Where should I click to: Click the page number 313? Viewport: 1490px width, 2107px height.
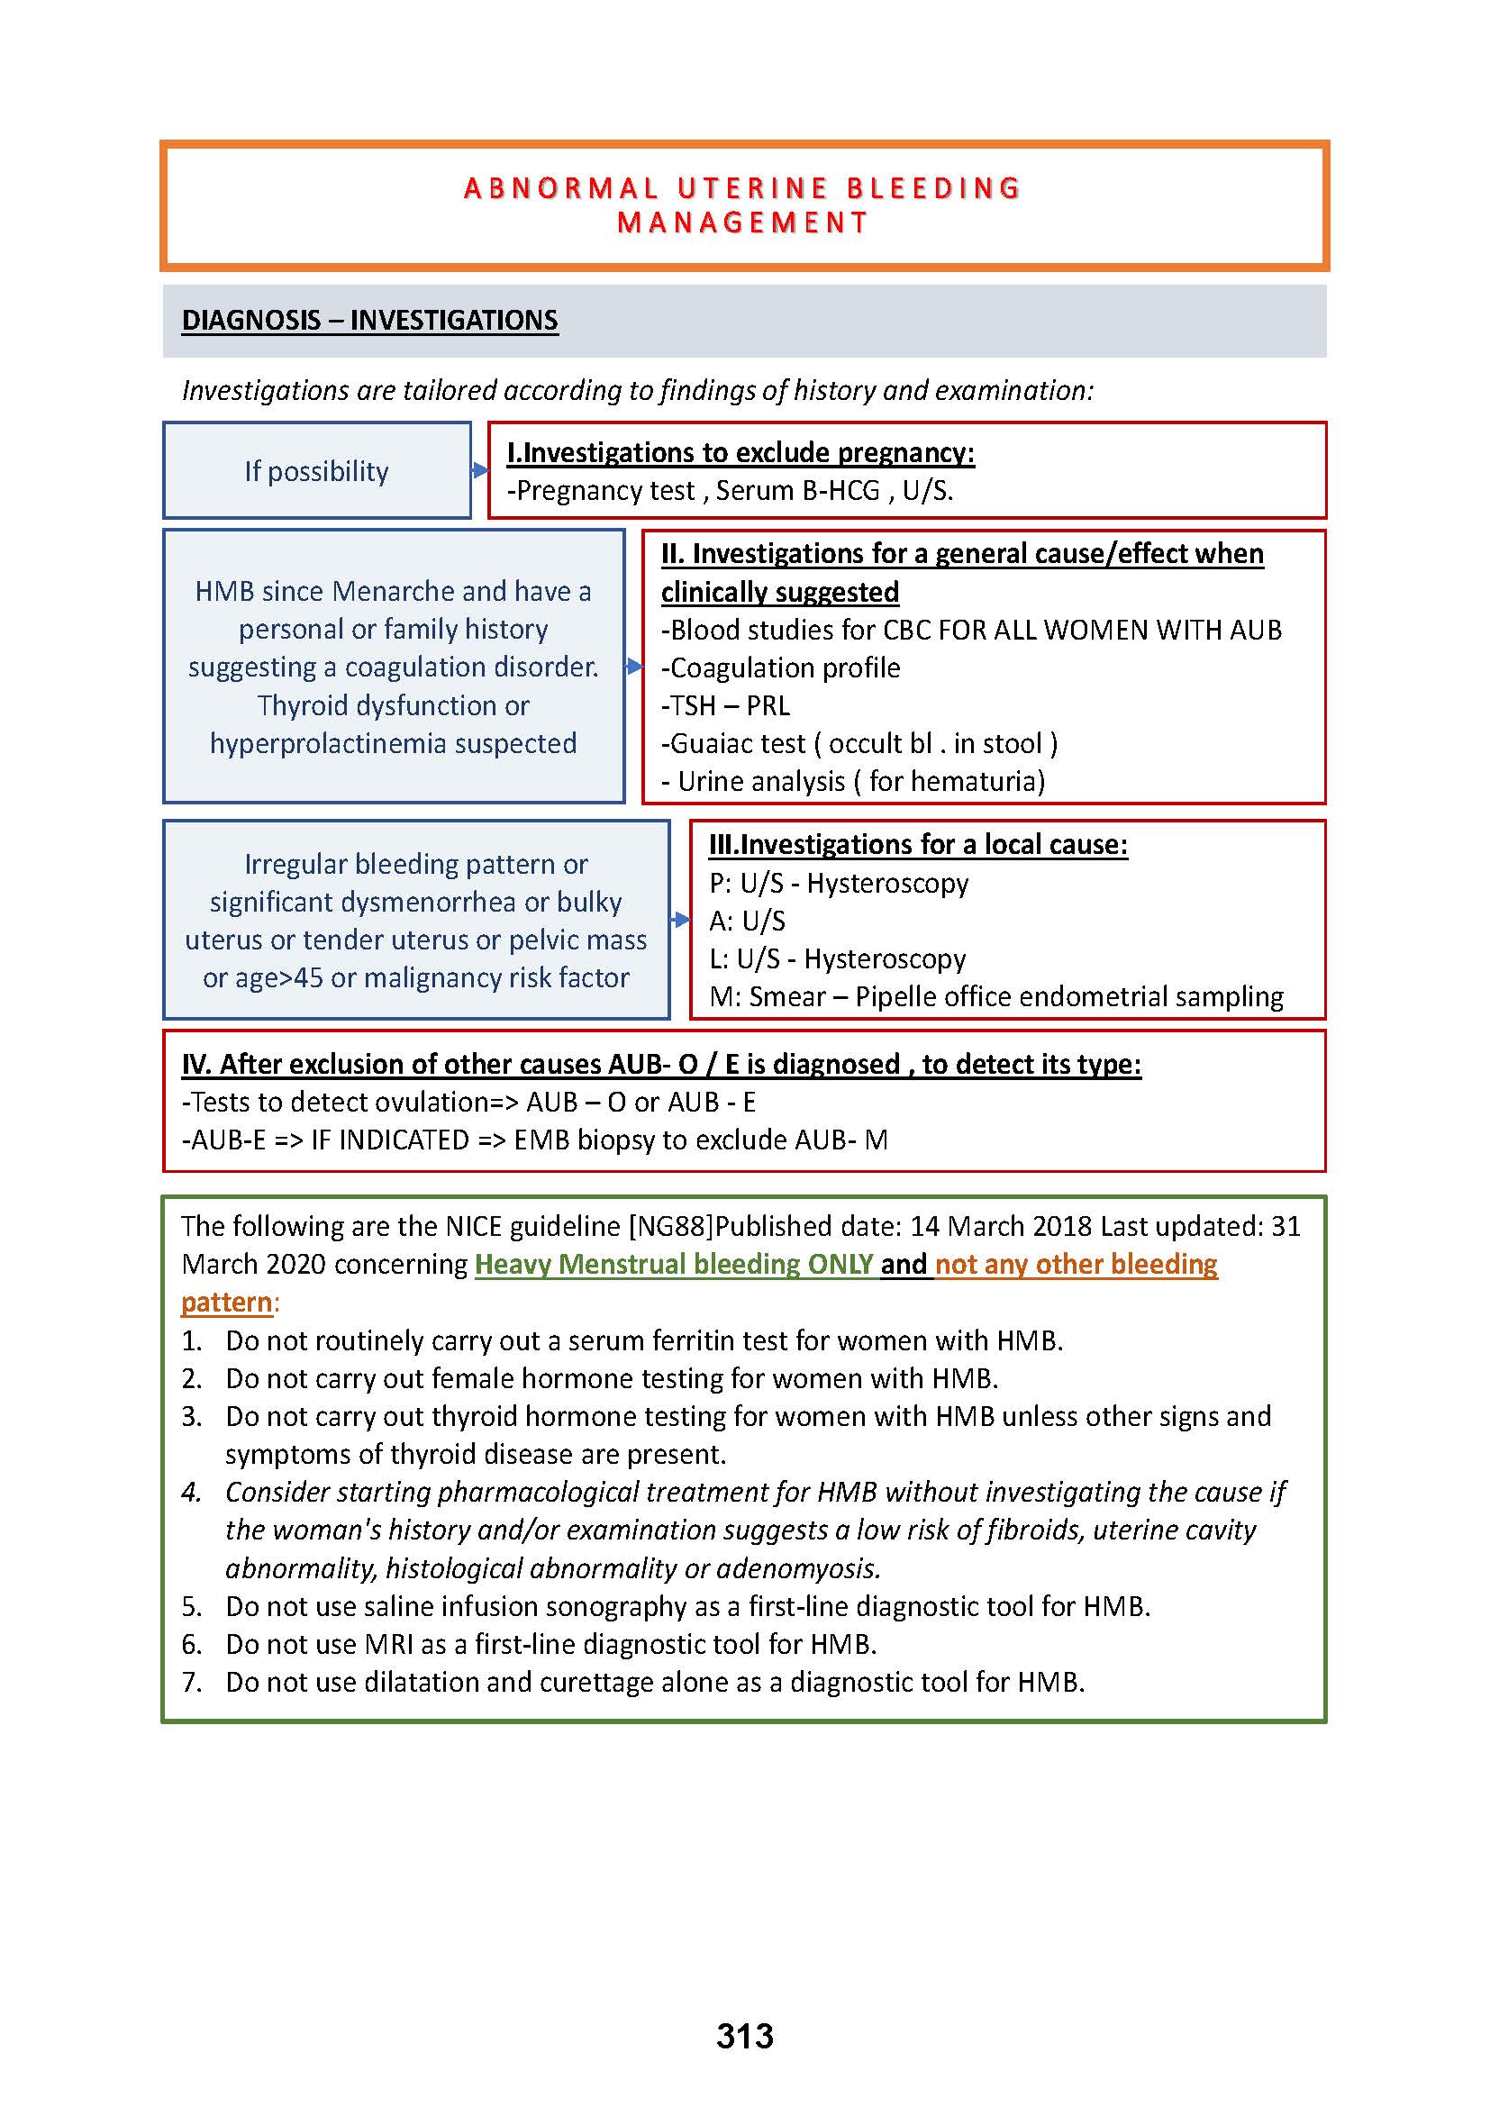(x=744, y=2036)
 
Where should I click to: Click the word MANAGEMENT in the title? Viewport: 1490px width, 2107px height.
(x=743, y=223)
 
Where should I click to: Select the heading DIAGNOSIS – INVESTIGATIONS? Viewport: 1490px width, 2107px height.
(x=369, y=321)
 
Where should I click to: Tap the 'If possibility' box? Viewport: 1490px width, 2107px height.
(x=316, y=471)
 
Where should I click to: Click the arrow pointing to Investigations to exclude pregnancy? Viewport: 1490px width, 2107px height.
(x=479, y=471)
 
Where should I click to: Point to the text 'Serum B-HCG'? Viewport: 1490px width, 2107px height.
(x=797, y=491)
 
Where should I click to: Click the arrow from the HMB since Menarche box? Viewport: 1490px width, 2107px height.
(x=633, y=668)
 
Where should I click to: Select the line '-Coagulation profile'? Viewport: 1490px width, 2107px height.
(x=780, y=668)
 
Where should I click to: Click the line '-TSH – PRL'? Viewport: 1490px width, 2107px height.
(x=725, y=705)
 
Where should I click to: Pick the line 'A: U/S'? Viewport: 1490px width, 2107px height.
(x=747, y=921)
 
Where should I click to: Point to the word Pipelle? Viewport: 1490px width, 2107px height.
(x=895, y=996)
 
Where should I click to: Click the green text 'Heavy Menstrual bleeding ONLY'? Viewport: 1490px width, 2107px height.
(x=675, y=1265)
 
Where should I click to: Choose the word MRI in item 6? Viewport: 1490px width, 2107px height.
(x=389, y=1644)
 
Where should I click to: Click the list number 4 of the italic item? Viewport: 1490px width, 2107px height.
(x=191, y=1492)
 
